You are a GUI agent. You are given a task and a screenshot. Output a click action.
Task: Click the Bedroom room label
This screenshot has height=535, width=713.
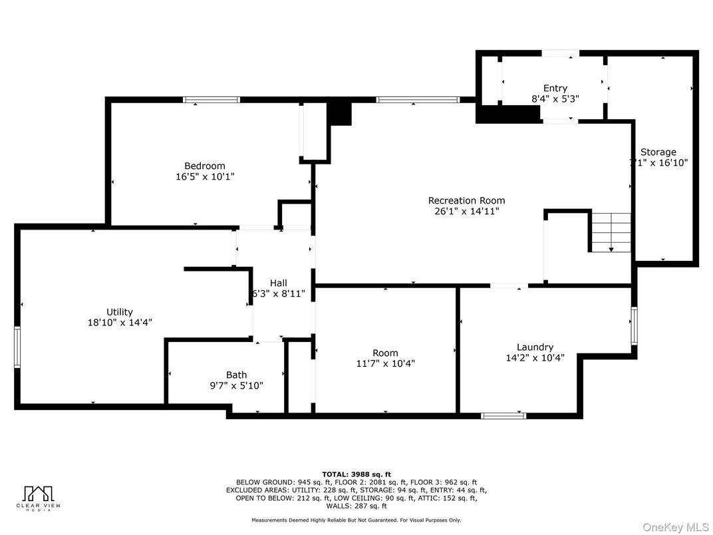204,166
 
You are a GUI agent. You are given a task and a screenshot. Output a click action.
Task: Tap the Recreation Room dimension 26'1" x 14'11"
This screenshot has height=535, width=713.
466,212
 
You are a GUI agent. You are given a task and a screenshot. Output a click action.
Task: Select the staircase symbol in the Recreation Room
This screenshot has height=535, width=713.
611,232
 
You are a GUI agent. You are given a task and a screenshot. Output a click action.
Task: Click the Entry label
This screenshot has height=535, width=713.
555,88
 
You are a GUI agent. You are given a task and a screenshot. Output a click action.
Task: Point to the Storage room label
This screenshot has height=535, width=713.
658,152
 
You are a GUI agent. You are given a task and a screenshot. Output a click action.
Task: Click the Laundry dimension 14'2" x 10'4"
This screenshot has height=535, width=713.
535,358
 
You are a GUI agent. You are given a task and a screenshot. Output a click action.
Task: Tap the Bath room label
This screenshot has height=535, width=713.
236,375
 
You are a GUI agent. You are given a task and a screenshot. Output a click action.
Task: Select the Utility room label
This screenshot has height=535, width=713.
120,311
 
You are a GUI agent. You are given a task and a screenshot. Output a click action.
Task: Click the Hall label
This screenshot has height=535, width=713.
278,283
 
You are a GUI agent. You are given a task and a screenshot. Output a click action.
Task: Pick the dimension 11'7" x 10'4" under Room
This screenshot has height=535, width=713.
385,364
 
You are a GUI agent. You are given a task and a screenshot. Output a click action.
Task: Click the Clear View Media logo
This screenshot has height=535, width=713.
39,497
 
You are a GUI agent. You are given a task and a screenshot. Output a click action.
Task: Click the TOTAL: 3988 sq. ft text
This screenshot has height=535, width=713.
356,473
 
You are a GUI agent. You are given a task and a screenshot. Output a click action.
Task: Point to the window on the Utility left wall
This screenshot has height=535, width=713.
17,347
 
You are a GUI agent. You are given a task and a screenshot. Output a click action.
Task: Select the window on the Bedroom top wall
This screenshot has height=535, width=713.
212,100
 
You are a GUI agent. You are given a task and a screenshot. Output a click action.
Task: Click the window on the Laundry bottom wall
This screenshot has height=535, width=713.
503,416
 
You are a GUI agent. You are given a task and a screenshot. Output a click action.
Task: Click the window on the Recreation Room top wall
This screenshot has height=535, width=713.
417,100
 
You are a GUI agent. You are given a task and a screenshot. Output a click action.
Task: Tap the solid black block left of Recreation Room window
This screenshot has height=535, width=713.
341,113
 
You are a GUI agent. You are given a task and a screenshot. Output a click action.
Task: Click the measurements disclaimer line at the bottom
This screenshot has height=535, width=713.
356,520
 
